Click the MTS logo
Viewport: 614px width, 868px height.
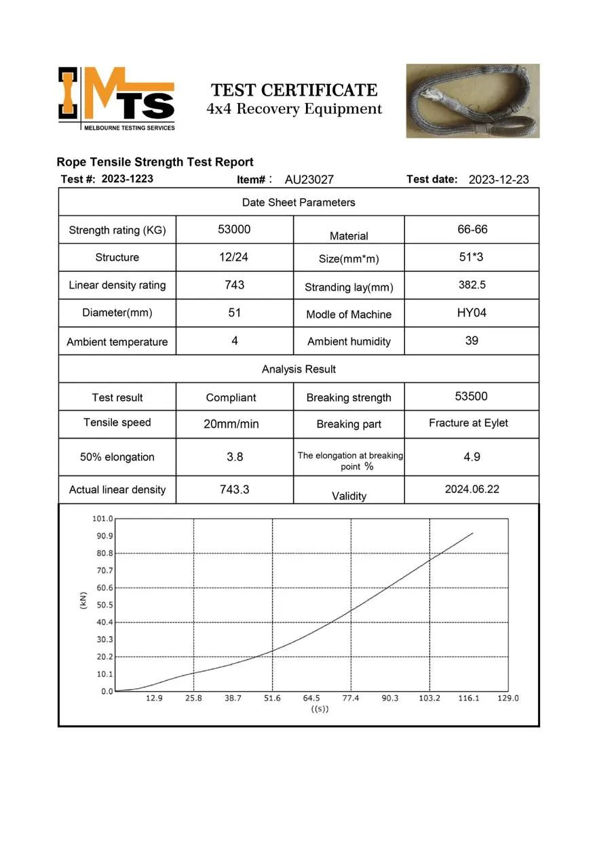point(117,98)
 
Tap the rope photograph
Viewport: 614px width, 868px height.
point(472,100)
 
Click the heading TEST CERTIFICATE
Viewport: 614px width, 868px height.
point(294,90)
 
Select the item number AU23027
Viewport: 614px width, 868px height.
point(309,180)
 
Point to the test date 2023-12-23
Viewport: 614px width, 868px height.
point(499,180)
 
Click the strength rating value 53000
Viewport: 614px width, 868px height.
point(234,229)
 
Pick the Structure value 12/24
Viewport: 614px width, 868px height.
point(234,257)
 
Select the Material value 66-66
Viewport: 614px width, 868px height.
point(472,229)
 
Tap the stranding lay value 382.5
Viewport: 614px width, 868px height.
point(472,285)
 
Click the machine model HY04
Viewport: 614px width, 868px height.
point(472,313)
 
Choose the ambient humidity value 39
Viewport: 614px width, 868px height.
point(472,340)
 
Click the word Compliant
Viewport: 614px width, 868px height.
point(231,397)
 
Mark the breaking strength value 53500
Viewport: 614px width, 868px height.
point(472,396)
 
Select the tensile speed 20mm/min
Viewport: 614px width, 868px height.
point(231,424)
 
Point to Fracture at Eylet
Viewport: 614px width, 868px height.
point(469,422)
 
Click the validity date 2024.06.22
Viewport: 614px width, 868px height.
point(472,489)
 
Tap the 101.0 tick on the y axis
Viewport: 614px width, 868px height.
point(102,519)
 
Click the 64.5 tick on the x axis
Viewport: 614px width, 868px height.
point(311,698)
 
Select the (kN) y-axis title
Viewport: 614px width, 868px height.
point(83,600)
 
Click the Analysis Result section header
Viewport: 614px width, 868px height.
point(299,369)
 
